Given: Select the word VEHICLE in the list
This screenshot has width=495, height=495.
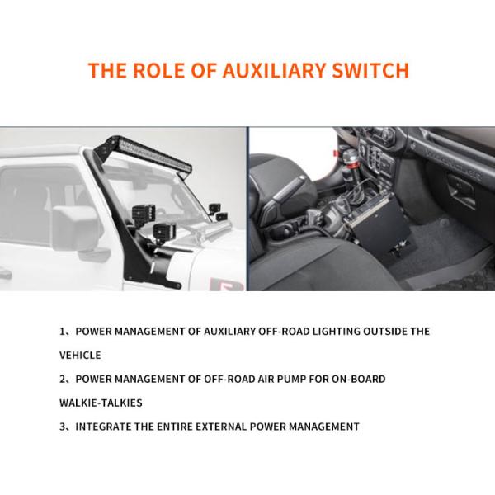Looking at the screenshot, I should [x=80, y=356].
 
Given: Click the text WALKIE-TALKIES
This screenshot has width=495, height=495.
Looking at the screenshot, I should [x=101, y=403].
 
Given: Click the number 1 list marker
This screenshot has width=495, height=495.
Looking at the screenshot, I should [x=63, y=332].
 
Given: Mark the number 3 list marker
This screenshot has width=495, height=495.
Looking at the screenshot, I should [x=63, y=427].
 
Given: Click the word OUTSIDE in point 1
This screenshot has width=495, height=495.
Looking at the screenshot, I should [x=376, y=332].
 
